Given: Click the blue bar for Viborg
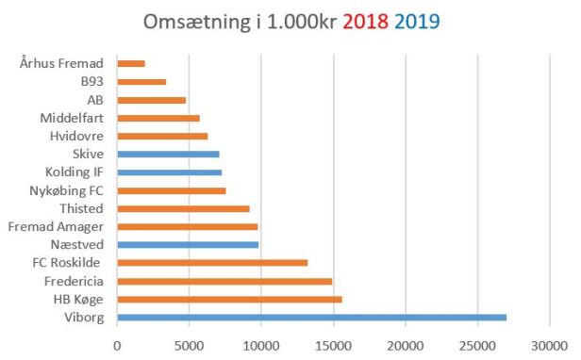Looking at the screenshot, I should click(x=311, y=318).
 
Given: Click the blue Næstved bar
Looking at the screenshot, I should click(x=188, y=244).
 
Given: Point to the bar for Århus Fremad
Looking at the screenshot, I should click(x=131, y=63).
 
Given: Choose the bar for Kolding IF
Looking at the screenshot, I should click(x=170, y=172).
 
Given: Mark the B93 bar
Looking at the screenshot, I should click(x=141, y=82).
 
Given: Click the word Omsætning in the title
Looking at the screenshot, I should click(x=197, y=20).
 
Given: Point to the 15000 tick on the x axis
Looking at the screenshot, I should click(x=333, y=345).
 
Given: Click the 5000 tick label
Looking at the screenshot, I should click(x=189, y=345).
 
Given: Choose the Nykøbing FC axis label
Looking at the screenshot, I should click(x=68, y=190).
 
